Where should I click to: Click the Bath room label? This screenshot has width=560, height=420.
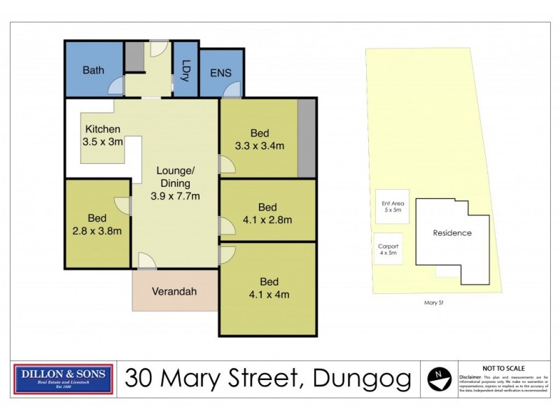click(93, 70)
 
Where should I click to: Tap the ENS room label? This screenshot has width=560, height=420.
click(220, 72)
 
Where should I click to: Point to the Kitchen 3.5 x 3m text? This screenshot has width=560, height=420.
click(104, 135)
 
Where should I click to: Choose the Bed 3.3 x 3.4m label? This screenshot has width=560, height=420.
click(260, 139)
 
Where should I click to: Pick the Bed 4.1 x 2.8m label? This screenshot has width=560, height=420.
click(267, 213)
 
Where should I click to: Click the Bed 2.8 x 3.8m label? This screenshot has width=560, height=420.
click(98, 224)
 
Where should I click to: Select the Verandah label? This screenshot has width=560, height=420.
click(175, 292)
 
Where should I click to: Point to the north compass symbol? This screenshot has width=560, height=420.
click(438, 379)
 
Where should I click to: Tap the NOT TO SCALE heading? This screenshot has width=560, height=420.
click(503, 367)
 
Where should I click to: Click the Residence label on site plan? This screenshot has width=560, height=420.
click(451, 233)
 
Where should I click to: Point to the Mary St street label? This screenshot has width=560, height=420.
click(435, 302)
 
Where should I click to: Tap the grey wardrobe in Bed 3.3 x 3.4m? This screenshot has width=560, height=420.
click(305, 138)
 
